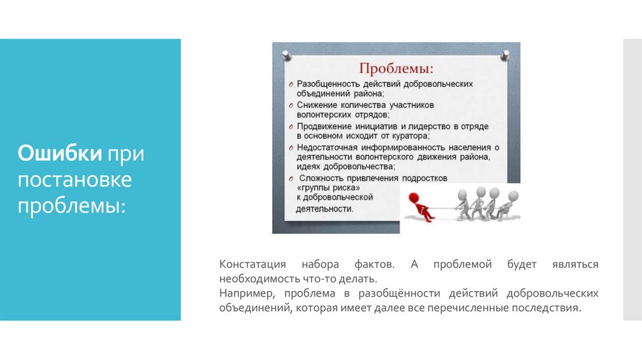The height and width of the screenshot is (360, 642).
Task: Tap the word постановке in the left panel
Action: tap(75, 179)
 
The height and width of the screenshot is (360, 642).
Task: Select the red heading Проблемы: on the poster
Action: tap(396, 66)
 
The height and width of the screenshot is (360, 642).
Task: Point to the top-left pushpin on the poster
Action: tap(287, 53)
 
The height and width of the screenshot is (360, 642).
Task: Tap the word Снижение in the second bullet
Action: tap(317, 105)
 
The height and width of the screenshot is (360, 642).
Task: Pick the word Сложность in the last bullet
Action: tap(319, 178)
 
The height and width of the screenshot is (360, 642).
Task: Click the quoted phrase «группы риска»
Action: tap(327, 188)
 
